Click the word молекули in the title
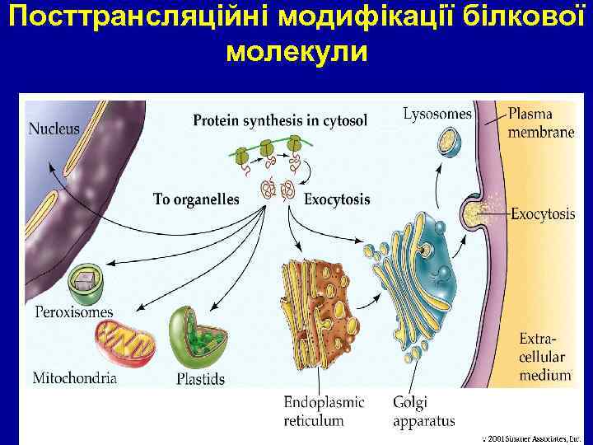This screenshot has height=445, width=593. point(296,52)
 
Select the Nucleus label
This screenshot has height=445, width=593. point(54,129)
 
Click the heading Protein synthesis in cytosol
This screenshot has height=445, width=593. point(280,121)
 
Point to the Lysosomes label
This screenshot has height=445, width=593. point(437,115)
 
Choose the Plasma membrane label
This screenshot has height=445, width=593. point(540,123)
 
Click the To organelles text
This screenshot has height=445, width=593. point(196,199)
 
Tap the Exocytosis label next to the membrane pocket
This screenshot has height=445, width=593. point(543,214)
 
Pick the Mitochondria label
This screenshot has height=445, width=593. point(74,378)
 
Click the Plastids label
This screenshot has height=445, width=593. point(200,379)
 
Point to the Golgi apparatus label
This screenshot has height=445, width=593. point(423,411)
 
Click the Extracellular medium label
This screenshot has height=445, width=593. point(544,357)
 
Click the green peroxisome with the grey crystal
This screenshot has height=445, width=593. point(86,283)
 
